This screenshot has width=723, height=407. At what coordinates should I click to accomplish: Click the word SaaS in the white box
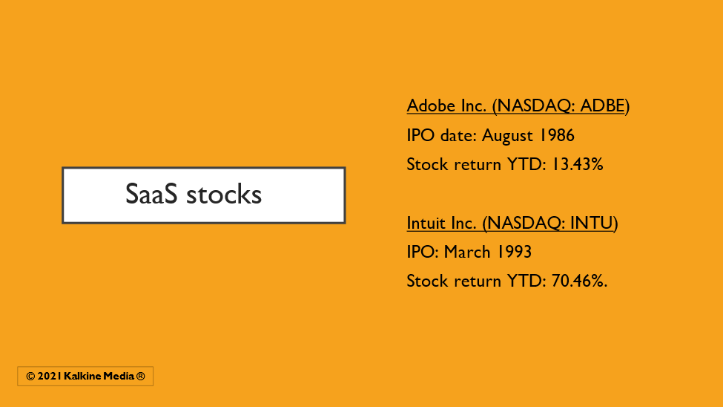point(151,194)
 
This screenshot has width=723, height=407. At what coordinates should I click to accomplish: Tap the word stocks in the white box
point(224,194)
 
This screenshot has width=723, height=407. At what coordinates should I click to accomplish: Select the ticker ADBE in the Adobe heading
point(602,105)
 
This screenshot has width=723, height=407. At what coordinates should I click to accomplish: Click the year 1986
point(557,135)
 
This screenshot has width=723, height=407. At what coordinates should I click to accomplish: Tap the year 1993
point(514,253)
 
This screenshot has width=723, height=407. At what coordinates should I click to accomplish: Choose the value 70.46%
point(578,281)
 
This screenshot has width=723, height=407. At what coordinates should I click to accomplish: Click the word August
point(508,136)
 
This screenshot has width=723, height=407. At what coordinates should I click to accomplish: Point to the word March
point(467,253)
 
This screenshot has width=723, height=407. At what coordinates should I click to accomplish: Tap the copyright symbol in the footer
point(30,377)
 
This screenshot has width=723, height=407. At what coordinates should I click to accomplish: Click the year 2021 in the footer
point(50,377)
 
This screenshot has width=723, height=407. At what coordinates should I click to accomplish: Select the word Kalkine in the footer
point(82,377)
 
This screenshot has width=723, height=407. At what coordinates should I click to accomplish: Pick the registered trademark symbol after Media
point(141,377)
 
